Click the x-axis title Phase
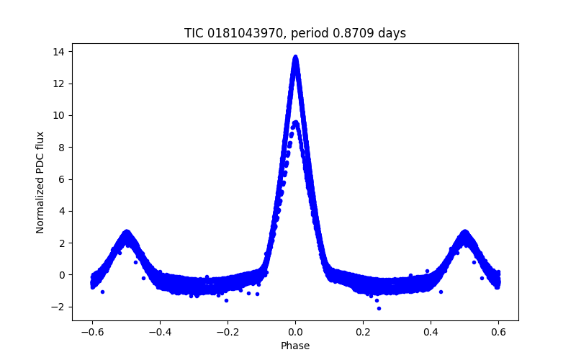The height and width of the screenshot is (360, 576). [295, 346]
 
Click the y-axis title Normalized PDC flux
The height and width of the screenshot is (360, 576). [41, 182]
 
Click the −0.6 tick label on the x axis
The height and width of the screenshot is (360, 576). [92, 332]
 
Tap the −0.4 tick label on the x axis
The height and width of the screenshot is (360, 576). [160, 332]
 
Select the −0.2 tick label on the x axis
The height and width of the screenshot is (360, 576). [228, 332]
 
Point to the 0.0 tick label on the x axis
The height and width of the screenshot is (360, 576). [295, 332]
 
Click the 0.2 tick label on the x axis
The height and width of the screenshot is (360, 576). [363, 332]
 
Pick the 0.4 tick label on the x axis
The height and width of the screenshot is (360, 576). [431, 332]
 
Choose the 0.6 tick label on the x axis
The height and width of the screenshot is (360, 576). [498, 332]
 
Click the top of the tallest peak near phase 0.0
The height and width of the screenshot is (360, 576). [295, 57]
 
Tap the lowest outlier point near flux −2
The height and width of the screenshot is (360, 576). [379, 308]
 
